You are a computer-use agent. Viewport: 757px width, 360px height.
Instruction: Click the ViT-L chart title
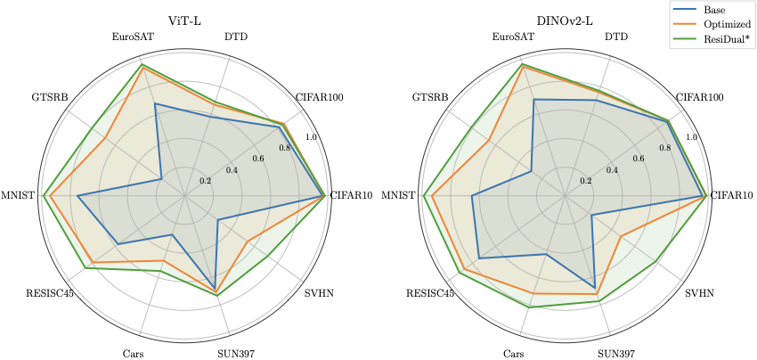pos(184,14)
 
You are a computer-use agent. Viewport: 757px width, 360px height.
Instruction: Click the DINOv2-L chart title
pos(565,14)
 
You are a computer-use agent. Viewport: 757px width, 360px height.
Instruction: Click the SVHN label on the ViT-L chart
pos(320,293)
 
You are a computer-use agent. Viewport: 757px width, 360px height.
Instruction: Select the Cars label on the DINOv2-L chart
pos(513,354)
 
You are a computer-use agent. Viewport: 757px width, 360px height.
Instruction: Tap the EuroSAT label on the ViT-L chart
pos(135,37)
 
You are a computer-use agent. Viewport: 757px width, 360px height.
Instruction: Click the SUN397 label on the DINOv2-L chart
pos(616,354)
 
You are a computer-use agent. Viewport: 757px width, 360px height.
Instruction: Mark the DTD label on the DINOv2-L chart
pos(615,37)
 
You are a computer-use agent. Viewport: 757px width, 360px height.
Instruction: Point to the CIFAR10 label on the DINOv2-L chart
pos(732,196)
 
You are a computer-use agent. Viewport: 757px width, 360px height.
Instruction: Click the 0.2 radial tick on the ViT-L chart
pos(206,181)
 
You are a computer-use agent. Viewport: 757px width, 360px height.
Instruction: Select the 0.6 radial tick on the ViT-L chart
pos(258,159)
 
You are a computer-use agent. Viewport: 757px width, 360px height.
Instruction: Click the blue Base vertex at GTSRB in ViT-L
pos(161,179)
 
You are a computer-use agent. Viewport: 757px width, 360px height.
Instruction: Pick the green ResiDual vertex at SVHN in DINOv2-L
pos(657,261)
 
